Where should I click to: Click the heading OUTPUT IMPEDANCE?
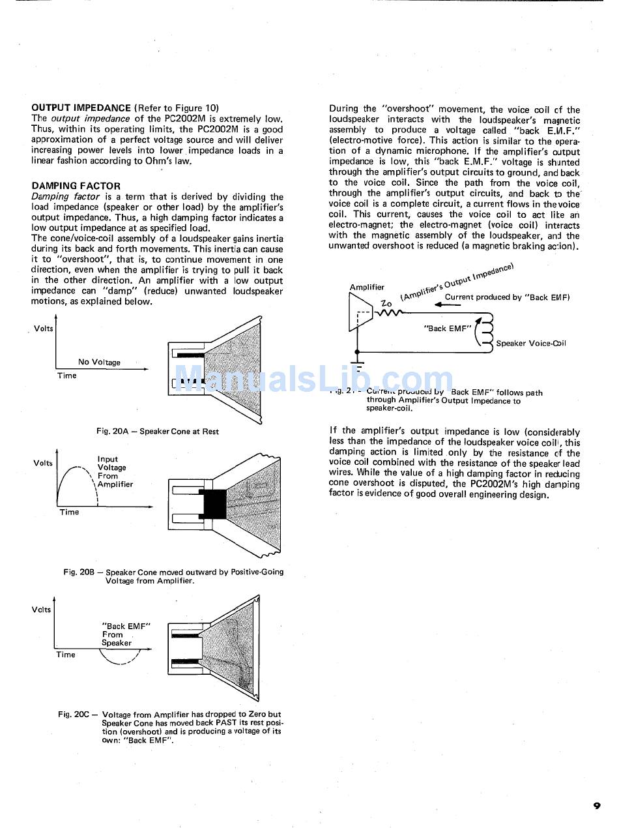[81, 108]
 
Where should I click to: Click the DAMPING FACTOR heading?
[76, 186]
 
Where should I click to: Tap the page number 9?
[597, 806]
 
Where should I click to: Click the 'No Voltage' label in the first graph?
[99, 362]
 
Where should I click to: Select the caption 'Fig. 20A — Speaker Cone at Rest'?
[158, 431]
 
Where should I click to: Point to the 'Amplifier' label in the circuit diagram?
[367, 287]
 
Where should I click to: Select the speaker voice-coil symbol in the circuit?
[485, 333]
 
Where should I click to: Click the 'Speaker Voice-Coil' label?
[531, 343]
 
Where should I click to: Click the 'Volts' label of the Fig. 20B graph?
[43, 463]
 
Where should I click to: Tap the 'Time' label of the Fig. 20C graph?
[66, 655]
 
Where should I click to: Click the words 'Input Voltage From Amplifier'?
[115, 471]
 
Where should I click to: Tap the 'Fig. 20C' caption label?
[73, 715]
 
